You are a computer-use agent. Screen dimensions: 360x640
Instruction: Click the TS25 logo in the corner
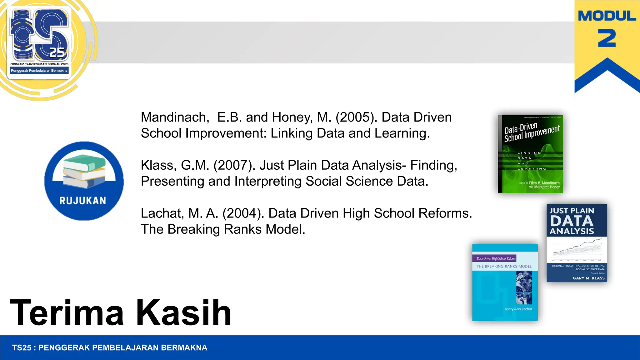click(x=39, y=42)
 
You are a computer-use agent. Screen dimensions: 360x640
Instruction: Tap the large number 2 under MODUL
click(x=607, y=38)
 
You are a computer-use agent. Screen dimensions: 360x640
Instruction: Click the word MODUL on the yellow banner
click(x=607, y=16)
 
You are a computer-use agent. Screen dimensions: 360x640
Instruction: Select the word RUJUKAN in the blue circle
click(x=83, y=201)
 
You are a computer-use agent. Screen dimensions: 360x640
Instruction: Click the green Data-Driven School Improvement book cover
click(x=531, y=154)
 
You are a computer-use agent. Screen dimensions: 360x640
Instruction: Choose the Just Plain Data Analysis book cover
click(x=577, y=243)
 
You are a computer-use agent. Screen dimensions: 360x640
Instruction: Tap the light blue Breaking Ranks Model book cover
click(x=505, y=282)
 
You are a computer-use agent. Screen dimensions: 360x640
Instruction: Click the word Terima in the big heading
click(x=67, y=312)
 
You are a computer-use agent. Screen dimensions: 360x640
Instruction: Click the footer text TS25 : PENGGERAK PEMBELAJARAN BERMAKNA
click(x=110, y=347)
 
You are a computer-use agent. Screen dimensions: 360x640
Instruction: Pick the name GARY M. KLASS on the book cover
click(x=588, y=278)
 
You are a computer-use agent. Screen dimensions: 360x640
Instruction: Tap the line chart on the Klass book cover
click(x=577, y=248)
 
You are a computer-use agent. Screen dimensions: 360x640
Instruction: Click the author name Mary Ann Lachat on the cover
click(x=518, y=309)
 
